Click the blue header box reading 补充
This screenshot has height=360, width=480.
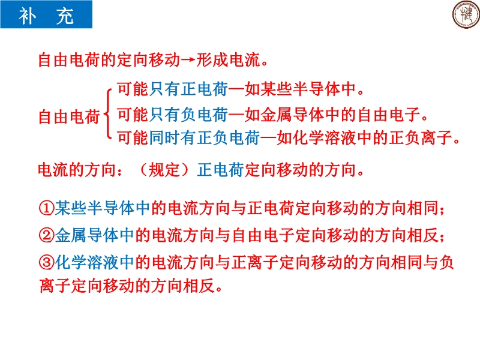click(x=46, y=14)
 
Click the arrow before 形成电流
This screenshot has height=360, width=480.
click(x=188, y=59)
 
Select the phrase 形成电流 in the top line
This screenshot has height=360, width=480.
click(x=228, y=59)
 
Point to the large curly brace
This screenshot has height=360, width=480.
click(x=107, y=114)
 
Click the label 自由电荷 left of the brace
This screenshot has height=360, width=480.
click(x=69, y=116)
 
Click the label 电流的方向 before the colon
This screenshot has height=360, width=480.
click(x=77, y=170)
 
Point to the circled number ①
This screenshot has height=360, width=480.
click(x=47, y=208)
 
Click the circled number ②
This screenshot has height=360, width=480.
click(x=47, y=235)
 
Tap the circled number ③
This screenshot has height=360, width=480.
click(x=47, y=262)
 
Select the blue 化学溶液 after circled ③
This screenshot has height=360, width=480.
click(x=86, y=262)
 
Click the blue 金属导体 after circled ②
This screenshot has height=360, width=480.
click(x=86, y=235)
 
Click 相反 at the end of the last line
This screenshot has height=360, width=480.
click(x=199, y=286)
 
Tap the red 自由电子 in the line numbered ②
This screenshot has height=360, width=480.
click(x=263, y=235)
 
